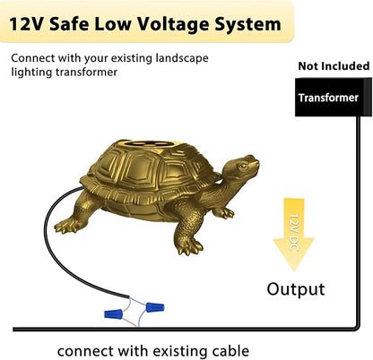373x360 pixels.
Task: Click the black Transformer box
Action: [334, 98]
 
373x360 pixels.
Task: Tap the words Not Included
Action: [334, 66]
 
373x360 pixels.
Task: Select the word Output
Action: [296, 289]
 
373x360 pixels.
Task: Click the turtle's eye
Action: [243, 166]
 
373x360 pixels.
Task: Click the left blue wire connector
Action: [114, 313]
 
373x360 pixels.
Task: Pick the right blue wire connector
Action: [155, 306]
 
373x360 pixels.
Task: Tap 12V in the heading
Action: [27, 24]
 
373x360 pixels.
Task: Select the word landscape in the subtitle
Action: [182, 58]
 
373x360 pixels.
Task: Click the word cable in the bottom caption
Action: [230, 351]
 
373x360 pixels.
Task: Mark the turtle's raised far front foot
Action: [223, 212]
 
